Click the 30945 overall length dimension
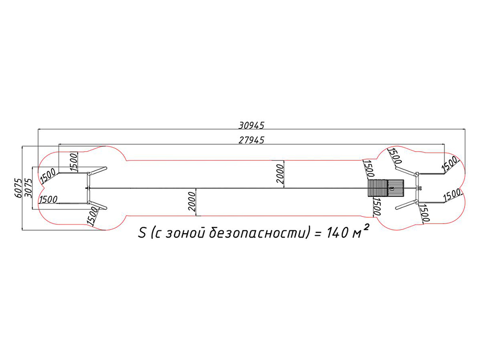point(252,125)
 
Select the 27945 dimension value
point(252,140)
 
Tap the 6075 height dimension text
point(18,188)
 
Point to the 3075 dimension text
point(28,188)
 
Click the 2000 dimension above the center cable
point(280,174)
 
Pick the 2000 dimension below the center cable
point(192,202)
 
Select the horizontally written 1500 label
point(48,200)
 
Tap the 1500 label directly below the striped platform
point(376,206)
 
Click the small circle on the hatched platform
point(392,188)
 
